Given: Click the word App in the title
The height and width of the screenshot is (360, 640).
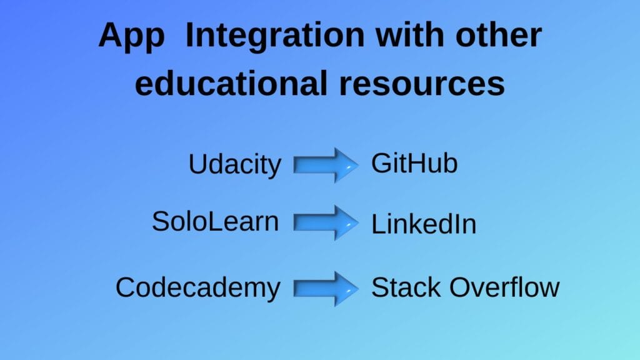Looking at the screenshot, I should [132, 36].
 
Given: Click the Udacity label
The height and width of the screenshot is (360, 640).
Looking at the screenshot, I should [235, 165].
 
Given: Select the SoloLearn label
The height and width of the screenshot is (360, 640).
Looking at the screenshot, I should [215, 222].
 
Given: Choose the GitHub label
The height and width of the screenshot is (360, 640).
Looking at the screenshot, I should [414, 164].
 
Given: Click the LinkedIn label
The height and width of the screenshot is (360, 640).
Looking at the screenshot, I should [424, 224].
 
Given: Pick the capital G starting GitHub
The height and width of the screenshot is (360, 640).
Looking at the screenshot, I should [381, 164].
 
